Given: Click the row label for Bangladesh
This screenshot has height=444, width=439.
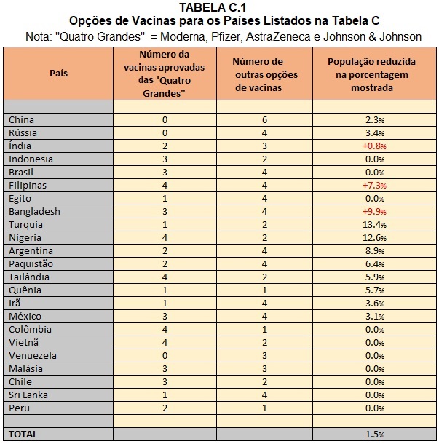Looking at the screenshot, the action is (x=34, y=212).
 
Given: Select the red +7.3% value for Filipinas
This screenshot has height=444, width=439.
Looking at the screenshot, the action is (x=374, y=186).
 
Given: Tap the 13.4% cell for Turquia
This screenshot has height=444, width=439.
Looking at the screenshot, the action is (x=374, y=225).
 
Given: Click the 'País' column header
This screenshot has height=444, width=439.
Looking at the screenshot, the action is (x=59, y=74).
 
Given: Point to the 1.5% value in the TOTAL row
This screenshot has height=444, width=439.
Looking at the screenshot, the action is (x=375, y=435).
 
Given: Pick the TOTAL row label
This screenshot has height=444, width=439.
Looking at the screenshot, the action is (x=23, y=435).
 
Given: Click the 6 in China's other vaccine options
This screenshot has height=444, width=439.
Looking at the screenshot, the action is (x=264, y=120).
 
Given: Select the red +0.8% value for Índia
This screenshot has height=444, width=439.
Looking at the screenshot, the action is (x=374, y=146).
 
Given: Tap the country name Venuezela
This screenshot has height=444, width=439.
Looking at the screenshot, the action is (x=33, y=356).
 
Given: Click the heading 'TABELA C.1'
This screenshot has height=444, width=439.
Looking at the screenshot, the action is (x=213, y=8).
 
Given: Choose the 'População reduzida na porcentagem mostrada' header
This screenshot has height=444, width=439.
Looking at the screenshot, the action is (x=371, y=74).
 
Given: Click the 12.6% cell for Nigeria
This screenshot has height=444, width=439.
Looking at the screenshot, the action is (x=374, y=238).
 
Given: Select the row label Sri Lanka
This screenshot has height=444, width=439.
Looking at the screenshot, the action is (x=28, y=395).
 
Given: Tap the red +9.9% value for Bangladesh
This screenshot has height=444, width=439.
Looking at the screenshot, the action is (x=374, y=212).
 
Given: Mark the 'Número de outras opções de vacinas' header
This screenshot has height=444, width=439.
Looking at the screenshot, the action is (x=265, y=74).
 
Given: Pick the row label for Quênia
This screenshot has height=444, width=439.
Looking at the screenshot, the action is (x=25, y=290).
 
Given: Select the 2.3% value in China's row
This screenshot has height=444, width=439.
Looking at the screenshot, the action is (x=375, y=120).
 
